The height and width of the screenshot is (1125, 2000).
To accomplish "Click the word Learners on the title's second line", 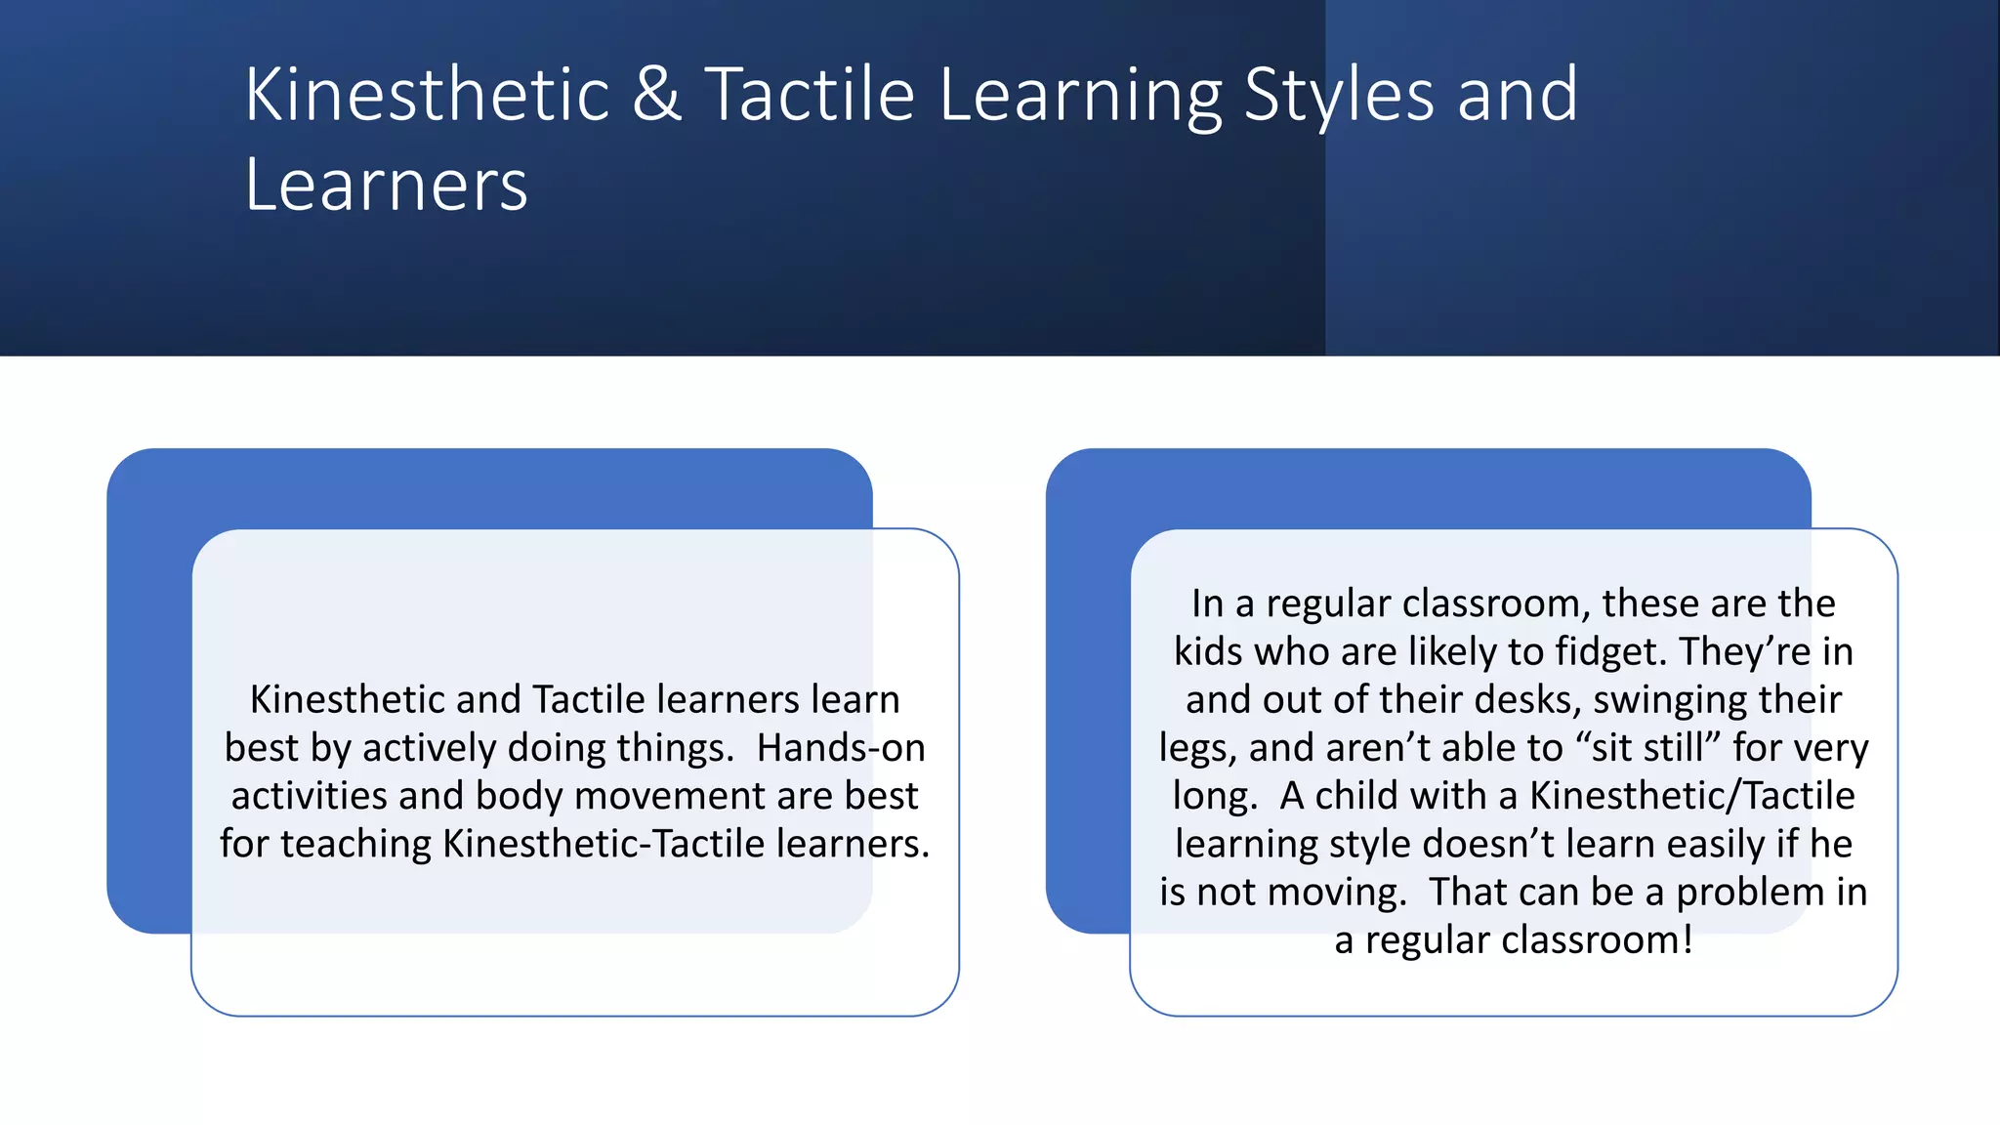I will tap(386, 185).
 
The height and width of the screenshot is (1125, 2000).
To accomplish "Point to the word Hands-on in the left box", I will tap(841, 748).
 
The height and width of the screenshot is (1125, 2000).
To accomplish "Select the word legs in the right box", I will tap(1198, 749).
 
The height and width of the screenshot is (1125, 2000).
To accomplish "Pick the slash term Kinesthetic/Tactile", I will tap(1691, 796).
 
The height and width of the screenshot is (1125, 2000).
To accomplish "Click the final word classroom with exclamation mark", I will tap(1597, 940).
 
